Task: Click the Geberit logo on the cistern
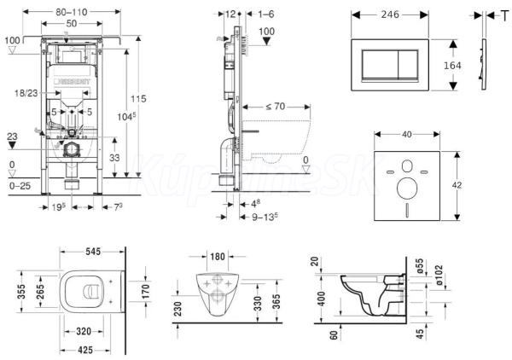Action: (78, 84)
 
